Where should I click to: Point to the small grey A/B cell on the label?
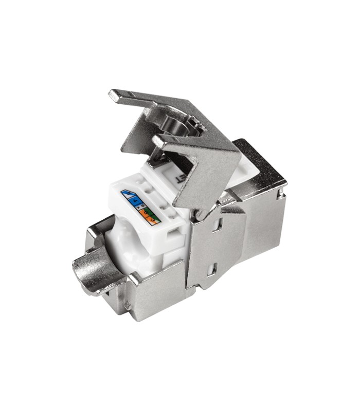[140, 207]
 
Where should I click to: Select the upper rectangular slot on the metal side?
[218, 223]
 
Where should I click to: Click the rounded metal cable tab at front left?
[93, 270]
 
